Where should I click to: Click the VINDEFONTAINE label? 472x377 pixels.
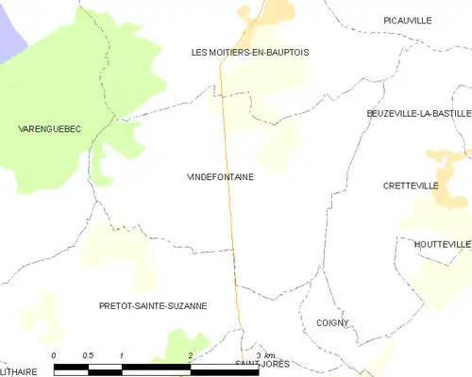tap(220, 176)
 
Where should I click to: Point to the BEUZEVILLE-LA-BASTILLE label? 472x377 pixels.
tap(418, 113)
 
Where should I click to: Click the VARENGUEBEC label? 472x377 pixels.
tap(48, 126)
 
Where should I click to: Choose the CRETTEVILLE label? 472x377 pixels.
tap(411, 186)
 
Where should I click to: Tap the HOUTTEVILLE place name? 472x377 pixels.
tap(442, 244)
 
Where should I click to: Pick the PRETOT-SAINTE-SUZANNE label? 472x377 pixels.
tap(153, 305)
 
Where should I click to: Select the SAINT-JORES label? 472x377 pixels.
tap(262, 363)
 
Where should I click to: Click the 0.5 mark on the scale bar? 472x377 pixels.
tap(88, 354)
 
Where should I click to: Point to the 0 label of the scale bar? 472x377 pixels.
tap(55, 354)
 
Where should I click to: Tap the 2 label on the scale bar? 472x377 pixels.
tap(191, 354)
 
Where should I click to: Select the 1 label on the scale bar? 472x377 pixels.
tap(123, 354)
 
